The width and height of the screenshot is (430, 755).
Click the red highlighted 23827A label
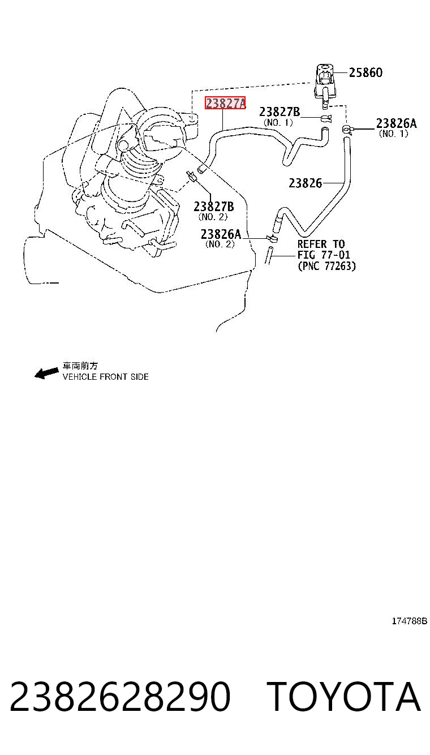225,103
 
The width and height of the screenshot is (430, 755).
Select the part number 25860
365,72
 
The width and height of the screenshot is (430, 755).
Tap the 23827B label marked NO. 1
279,111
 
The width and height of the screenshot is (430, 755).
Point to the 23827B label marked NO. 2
214,206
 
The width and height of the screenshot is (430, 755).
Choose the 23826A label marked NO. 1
396,123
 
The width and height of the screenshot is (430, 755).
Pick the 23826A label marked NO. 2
221,234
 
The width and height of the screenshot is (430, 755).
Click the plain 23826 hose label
306,183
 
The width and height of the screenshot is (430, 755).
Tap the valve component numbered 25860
325,85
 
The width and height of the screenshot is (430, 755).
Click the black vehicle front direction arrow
46,373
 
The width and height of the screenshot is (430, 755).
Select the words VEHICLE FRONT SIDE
105,377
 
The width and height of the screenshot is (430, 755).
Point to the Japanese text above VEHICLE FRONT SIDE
80,366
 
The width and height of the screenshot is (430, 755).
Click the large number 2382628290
120,696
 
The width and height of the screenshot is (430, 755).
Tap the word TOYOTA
343,696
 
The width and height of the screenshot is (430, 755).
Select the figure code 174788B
409,621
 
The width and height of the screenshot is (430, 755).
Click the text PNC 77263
327,266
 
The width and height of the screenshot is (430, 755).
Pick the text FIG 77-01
324,255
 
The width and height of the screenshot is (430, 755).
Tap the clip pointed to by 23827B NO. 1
325,118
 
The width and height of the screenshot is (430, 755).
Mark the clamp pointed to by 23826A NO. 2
272,239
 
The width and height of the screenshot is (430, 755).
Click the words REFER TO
321,244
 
